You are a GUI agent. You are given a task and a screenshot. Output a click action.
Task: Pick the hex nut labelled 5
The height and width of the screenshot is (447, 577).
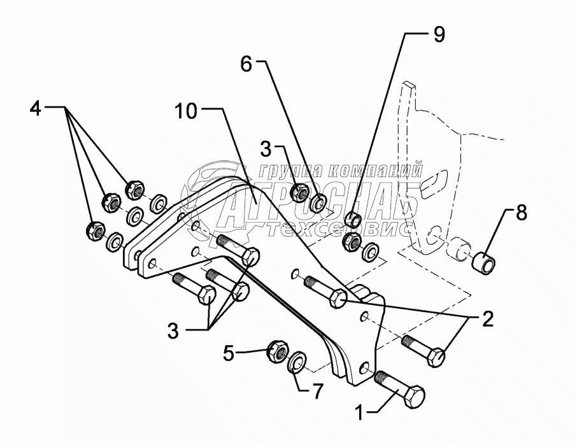[275, 348]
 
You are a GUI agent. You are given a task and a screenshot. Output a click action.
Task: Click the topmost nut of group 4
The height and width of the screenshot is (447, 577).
[134, 188]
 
